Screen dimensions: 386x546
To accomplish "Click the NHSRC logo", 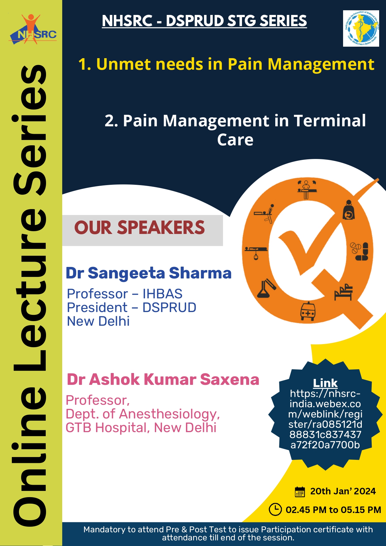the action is coord(33,29).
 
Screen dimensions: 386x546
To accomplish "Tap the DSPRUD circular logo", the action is coord(361,28).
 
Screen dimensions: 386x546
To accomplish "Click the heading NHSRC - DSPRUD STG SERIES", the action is coord(204,21).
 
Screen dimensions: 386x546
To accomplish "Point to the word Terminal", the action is coord(330,121).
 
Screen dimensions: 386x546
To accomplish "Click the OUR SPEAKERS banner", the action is coord(142,230).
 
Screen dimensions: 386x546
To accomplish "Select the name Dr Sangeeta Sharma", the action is coord(149,273).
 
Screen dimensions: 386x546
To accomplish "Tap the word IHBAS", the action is coord(162,294).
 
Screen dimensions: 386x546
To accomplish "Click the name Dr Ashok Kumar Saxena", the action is coord(163,380).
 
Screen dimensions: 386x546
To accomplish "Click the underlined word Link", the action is coord(325,383).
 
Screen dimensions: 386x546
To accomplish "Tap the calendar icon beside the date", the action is coord(300,492).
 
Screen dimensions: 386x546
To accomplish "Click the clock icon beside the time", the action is coord(275,509).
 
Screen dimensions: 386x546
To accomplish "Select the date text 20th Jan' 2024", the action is coord(343,491).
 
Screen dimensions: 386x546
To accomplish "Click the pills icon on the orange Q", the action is coord(360,251).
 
